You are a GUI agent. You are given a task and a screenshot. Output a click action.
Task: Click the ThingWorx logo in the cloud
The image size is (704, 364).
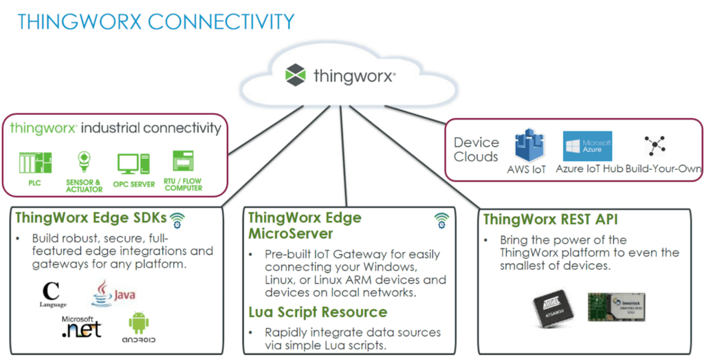pyautogui.click(x=296, y=74)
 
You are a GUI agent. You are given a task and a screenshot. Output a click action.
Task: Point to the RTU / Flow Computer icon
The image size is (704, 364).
pyautogui.click(x=183, y=162)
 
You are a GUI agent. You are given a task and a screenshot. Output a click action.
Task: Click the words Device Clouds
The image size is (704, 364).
pyautogui.click(x=476, y=149)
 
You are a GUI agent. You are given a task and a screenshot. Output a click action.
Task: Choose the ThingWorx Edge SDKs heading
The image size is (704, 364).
pyautogui.click(x=91, y=219)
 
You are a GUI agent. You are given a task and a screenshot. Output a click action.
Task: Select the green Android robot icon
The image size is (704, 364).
pyautogui.click(x=139, y=323)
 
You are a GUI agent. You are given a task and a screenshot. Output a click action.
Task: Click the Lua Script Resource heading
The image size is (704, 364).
pyautogui.click(x=318, y=313)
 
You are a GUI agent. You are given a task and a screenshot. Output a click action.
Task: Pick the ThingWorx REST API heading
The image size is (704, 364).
pyautogui.click(x=551, y=220)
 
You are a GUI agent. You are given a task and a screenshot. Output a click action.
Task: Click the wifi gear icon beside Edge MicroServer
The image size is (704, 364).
pyautogui.click(x=441, y=220)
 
